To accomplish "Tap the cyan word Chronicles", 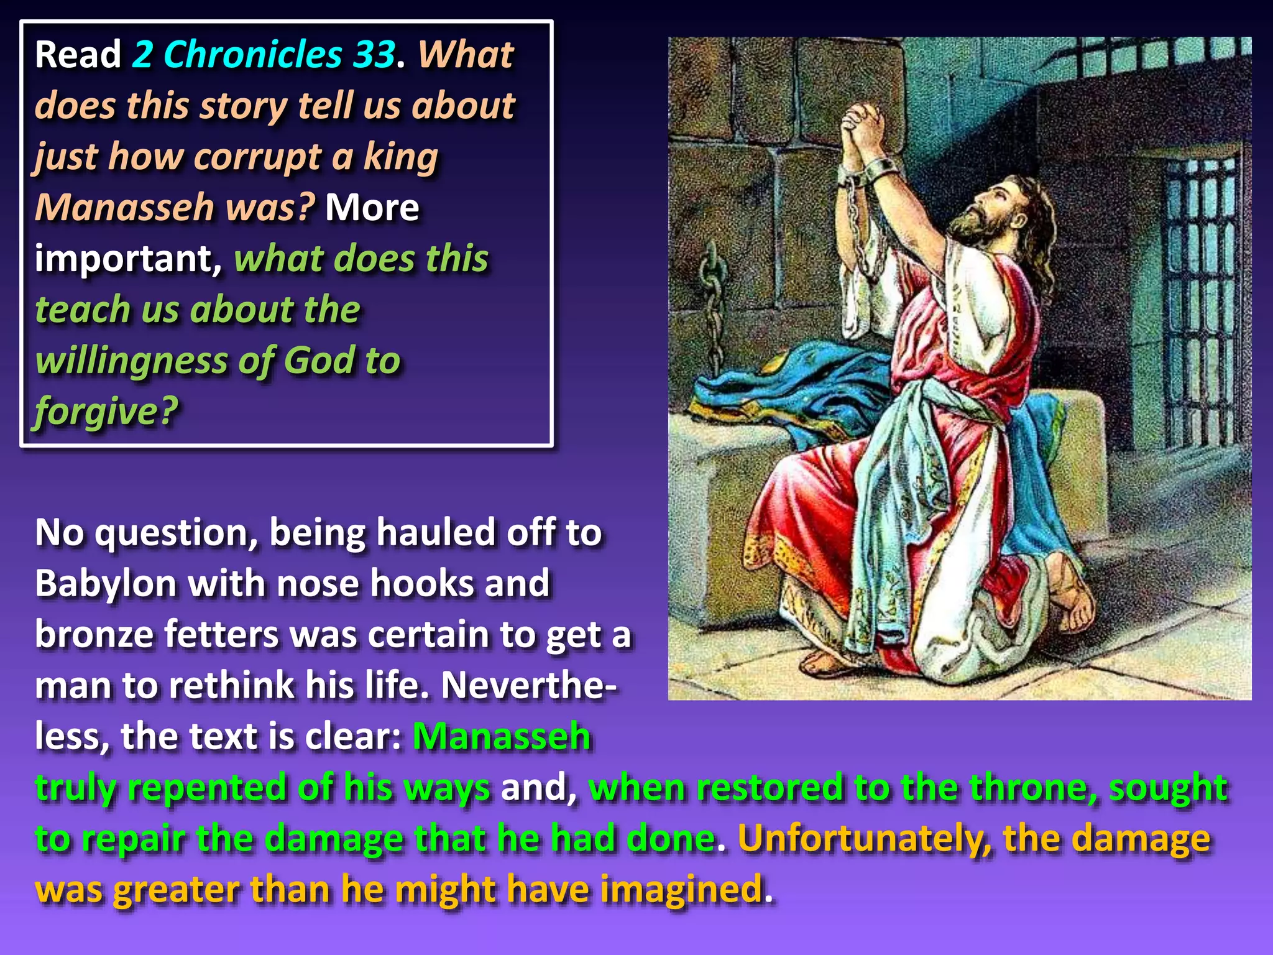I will [252, 55].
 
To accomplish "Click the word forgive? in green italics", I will [106, 412].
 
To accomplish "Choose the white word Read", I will [78, 55].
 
